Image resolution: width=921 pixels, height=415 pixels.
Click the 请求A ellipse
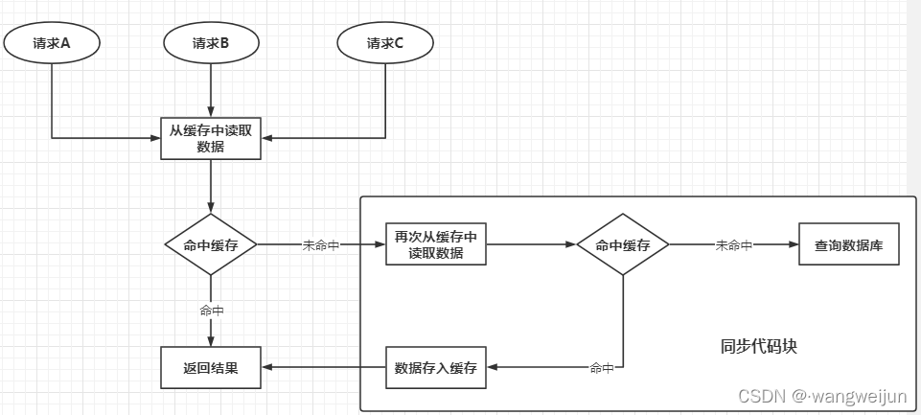coord(52,42)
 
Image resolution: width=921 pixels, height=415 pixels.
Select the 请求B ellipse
coord(211,42)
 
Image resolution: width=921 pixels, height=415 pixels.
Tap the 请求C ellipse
coord(385,42)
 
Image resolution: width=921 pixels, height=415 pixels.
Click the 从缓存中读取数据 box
coord(211,139)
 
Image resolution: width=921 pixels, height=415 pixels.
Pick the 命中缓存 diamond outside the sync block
coord(211,245)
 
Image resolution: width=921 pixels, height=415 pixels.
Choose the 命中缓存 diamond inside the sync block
coord(623,245)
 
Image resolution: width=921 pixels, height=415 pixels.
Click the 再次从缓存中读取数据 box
coord(435,245)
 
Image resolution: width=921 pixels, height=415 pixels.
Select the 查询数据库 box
coord(849,245)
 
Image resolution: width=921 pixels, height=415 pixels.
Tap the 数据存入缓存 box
coord(435,368)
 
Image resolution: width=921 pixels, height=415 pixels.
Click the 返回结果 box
coord(211,368)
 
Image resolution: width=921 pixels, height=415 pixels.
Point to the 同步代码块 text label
coord(758,347)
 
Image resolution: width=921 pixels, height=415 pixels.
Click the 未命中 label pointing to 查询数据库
coord(734,245)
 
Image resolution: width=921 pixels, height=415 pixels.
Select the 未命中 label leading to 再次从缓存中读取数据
coord(321,245)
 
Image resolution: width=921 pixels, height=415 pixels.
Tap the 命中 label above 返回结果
coord(211,311)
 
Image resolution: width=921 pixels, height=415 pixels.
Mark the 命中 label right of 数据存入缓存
coord(602,368)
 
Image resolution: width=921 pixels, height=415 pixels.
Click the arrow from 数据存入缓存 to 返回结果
coord(324,368)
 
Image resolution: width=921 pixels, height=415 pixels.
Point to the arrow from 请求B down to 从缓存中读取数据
coord(211,90)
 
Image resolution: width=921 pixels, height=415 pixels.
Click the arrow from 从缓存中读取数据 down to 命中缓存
coord(211,186)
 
